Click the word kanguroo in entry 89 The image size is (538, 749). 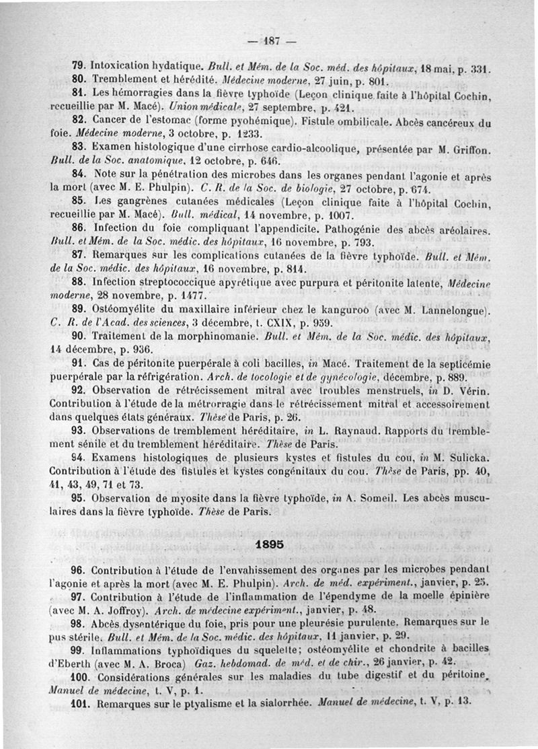coord(360,310)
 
